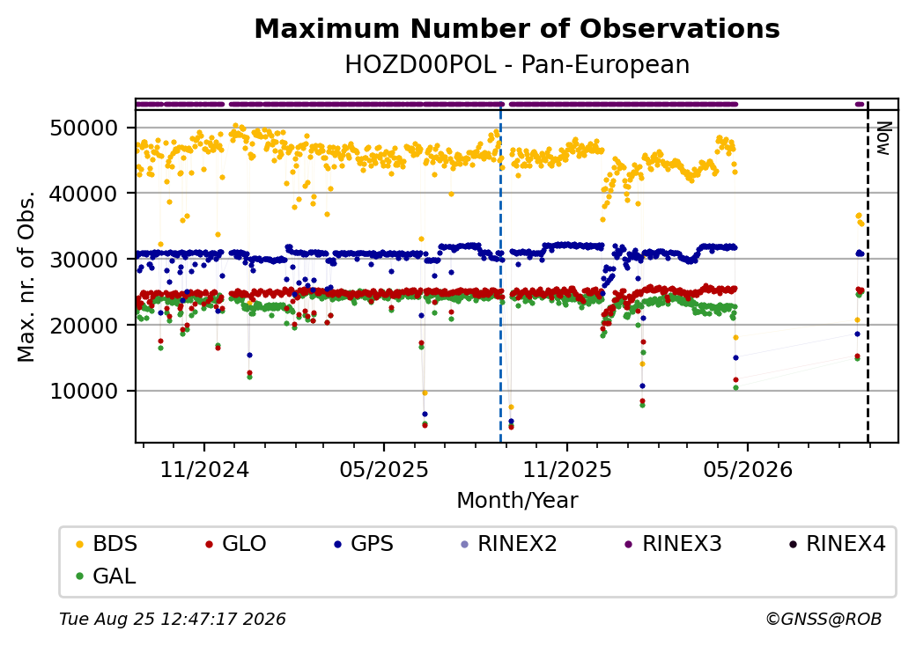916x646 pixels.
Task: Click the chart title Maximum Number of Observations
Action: tap(517, 28)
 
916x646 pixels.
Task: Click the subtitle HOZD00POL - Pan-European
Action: tap(517, 64)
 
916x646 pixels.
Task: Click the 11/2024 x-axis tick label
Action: tap(204, 470)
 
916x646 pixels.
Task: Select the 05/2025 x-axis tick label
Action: tap(384, 470)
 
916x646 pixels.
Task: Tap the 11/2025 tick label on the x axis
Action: tap(566, 470)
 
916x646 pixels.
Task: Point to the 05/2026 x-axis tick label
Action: tap(748, 470)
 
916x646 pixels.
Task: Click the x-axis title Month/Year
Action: tap(517, 501)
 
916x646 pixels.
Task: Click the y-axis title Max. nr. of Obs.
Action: tap(26, 276)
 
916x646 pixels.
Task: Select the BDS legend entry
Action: tap(107, 544)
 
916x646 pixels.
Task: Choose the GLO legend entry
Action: tap(236, 544)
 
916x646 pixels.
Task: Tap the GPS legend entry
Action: tap(364, 544)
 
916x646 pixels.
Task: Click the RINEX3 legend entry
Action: tap(673, 544)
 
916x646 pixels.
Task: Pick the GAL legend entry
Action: tap(107, 576)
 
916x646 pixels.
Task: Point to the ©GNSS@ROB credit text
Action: tap(824, 619)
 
